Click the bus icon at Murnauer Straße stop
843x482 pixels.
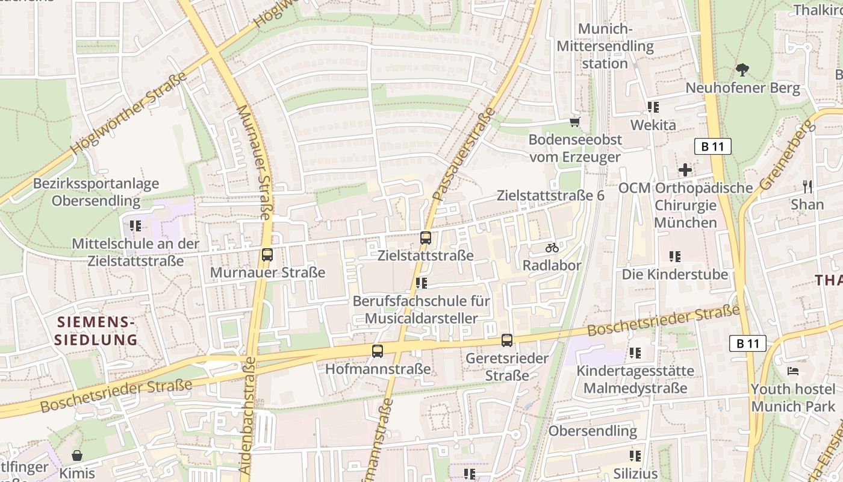(267, 255)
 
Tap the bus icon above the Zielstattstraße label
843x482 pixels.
(426, 238)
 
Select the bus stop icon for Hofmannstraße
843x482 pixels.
(378, 351)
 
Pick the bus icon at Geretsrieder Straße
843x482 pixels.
(507, 340)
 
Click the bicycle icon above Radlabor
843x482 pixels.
(552, 248)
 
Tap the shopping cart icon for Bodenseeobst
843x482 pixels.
(575, 122)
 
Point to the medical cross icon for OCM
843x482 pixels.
(685, 170)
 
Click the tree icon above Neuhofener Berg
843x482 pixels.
(742, 70)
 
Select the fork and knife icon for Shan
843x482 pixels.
(807, 187)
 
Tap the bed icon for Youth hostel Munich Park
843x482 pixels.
(793, 371)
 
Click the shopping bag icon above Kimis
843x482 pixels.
(77, 455)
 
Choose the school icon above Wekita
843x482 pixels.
(653, 107)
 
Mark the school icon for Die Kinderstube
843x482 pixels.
(675, 257)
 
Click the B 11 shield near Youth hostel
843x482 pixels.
(748, 343)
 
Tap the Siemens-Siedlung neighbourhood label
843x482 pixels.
(96, 331)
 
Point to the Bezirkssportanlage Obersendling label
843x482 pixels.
(96, 192)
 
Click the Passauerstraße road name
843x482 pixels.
(464, 154)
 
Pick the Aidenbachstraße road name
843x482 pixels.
(248, 416)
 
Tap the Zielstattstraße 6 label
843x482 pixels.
(550, 196)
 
